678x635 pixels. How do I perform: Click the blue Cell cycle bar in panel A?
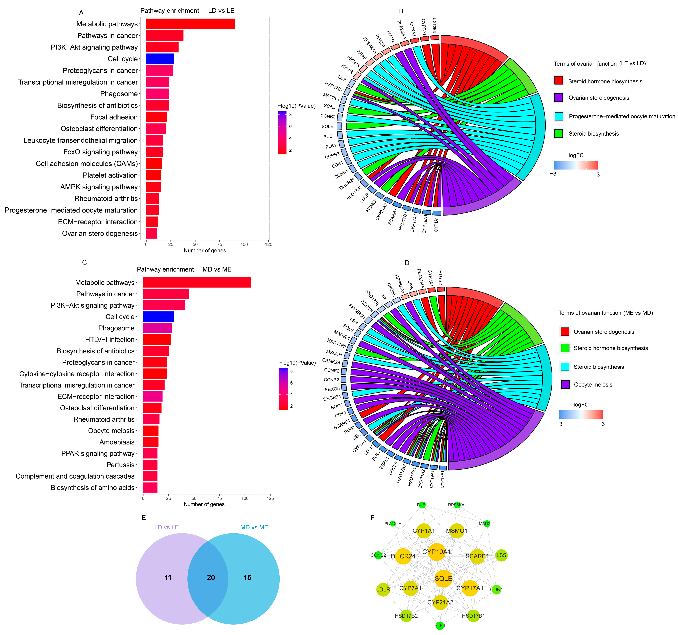point(160,59)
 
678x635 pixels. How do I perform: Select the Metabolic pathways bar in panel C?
point(197,283)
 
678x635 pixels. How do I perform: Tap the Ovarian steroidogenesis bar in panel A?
point(151,233)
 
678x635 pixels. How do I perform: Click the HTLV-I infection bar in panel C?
point(157,340)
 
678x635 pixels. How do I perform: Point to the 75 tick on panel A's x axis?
point(220,244)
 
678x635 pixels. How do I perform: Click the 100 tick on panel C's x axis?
point(245,498)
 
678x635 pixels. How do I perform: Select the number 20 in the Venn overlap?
point(211,577)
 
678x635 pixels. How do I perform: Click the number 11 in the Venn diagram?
point(168,577)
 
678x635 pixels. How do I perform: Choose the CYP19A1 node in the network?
point(437,552)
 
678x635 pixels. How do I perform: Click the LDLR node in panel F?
point(383,589)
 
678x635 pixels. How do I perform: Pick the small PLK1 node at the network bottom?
point(440,625)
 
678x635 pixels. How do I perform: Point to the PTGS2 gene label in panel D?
point(440,277)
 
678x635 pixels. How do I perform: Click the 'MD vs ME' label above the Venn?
point(254,527)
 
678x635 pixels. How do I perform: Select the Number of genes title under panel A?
point(205,250)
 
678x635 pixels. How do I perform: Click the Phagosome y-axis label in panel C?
point(116,328)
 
